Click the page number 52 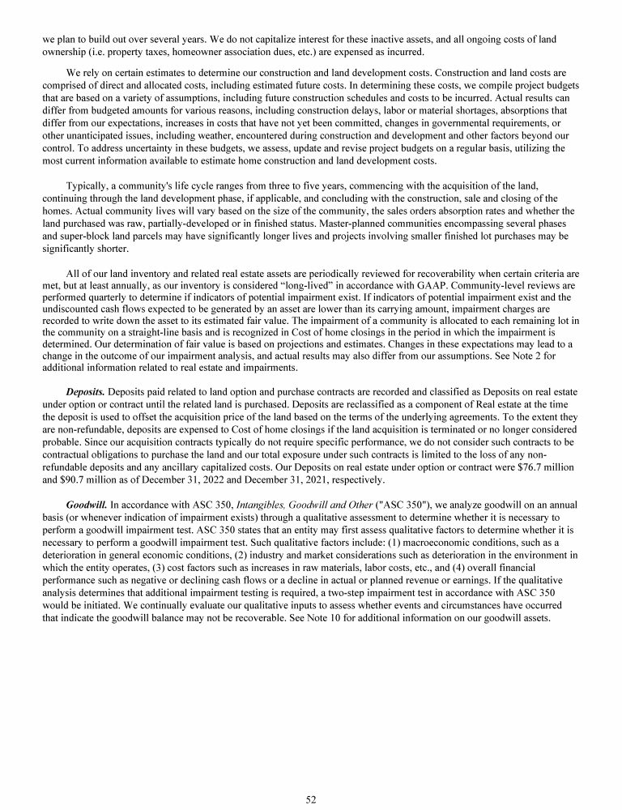[310, 799]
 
